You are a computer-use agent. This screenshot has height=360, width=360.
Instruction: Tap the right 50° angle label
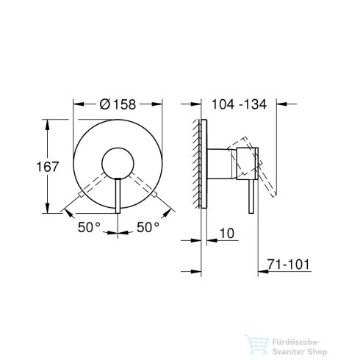coord(148,228)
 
